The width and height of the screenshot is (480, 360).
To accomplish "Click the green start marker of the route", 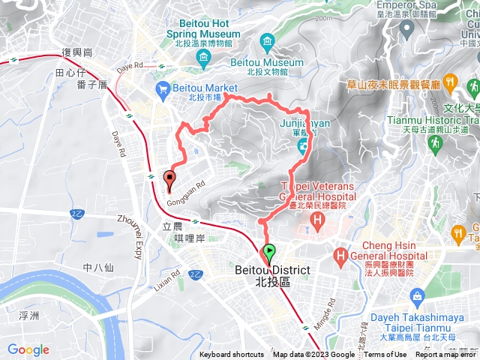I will pos(268,253).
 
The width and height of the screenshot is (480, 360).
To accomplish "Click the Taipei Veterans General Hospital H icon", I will pos(317,221).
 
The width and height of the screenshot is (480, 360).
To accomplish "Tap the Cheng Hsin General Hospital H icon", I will pos(342,256).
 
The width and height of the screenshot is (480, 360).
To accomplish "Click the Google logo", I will pos(28,349).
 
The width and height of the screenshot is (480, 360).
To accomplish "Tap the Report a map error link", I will pos(446,355).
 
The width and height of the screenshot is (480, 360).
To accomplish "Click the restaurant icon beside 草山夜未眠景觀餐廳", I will pos(451,81).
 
